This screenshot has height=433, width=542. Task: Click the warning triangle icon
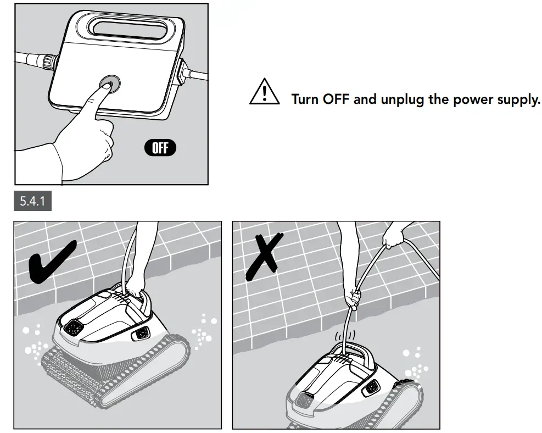[265, 92]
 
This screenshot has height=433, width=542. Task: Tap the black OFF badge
[160, 148]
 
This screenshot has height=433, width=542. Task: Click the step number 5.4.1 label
[32, 201]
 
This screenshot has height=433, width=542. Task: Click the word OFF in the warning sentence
[336, 99]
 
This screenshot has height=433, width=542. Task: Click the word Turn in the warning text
[305, 99]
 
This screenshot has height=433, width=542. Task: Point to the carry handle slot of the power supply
[128, 29]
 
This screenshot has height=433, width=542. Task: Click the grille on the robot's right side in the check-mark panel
[141, 333]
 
